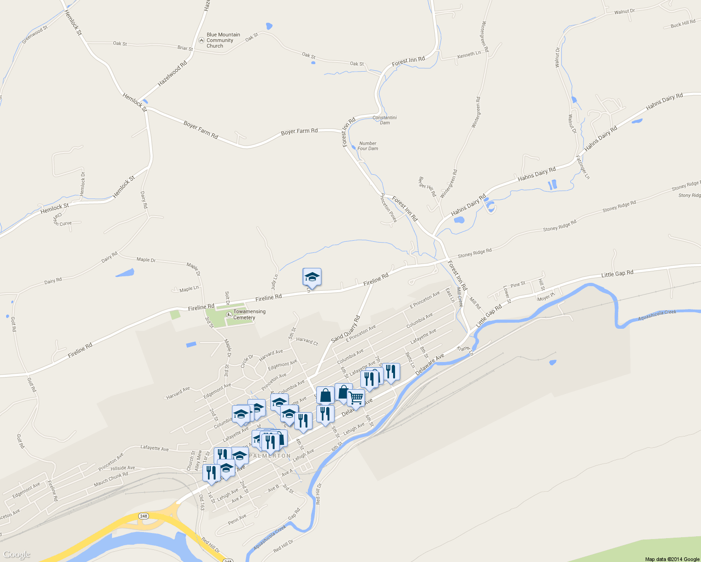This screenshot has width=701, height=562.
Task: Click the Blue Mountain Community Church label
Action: [223, 40]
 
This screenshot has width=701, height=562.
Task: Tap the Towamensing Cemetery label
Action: [249, 314]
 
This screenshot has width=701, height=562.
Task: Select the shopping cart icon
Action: [356, 398]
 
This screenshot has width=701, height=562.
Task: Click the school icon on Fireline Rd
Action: [312, 277]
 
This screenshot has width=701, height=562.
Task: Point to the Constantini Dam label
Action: [385, 120]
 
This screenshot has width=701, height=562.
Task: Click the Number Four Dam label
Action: [368, 146]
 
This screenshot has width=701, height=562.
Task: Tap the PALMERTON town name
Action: [270, 456]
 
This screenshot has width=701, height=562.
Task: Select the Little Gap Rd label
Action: [617, 274]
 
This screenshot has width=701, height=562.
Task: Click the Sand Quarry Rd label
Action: [345, 329]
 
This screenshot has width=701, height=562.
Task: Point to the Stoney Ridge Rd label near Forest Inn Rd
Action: [475, 253]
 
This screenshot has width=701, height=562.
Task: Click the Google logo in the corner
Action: [17, 555]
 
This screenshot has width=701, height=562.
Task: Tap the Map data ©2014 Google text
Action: [672, 559]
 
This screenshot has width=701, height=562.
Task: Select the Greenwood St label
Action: [35, 35]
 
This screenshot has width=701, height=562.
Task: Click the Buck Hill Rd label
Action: [683, 24]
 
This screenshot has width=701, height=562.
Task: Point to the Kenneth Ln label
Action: [469, 55]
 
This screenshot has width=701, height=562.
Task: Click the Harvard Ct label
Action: [307, 341]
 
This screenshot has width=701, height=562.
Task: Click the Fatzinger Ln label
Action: [583, 167]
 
